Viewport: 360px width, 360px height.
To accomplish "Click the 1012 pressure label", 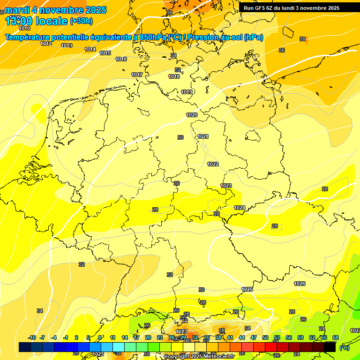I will pos(46,44).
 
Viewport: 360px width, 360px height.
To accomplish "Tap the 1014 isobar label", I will pos(90,49).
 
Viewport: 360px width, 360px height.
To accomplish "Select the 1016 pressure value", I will pos(121,59).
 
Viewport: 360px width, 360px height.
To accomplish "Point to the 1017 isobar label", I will pos(137,75).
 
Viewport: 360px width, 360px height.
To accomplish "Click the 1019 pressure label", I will pos(187,92).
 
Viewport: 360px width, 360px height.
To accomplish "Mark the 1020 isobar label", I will pos(192,115).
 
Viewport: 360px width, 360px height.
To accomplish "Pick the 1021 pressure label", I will pos(203,136).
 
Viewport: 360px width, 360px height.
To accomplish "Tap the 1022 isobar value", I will pos(213,164).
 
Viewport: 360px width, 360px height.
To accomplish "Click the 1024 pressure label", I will pos(240,208).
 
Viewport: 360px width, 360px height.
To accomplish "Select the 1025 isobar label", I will pos(247,289).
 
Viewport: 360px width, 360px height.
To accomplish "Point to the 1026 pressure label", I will pos(300,284).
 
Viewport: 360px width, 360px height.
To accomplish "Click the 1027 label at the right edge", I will pos(355,330).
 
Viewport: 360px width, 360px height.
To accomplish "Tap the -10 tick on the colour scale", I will pos(32,337).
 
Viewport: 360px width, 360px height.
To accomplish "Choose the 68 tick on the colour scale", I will pos(336,337).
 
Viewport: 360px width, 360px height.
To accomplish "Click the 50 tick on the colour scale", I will pos(265,337).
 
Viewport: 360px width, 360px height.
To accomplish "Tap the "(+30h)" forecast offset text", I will pos(81,21).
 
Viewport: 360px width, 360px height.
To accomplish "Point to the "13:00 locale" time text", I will pos(36,21).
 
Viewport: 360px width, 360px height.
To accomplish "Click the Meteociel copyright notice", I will pos(199,357).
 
